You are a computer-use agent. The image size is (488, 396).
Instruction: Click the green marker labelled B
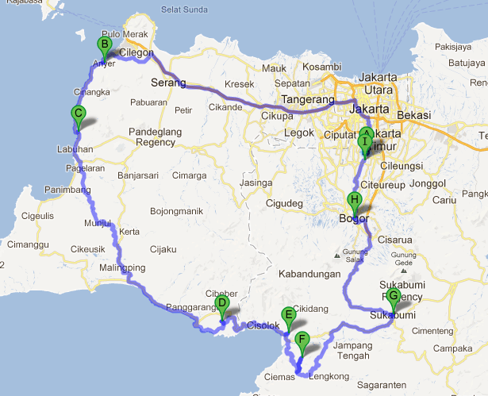coord(103,45)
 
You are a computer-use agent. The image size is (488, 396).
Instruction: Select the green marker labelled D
coord(222,303)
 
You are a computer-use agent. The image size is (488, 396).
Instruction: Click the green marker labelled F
coord(301,340)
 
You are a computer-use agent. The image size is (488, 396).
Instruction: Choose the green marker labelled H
coord(355,200)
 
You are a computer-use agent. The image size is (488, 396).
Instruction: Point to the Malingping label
coord(123,267)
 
